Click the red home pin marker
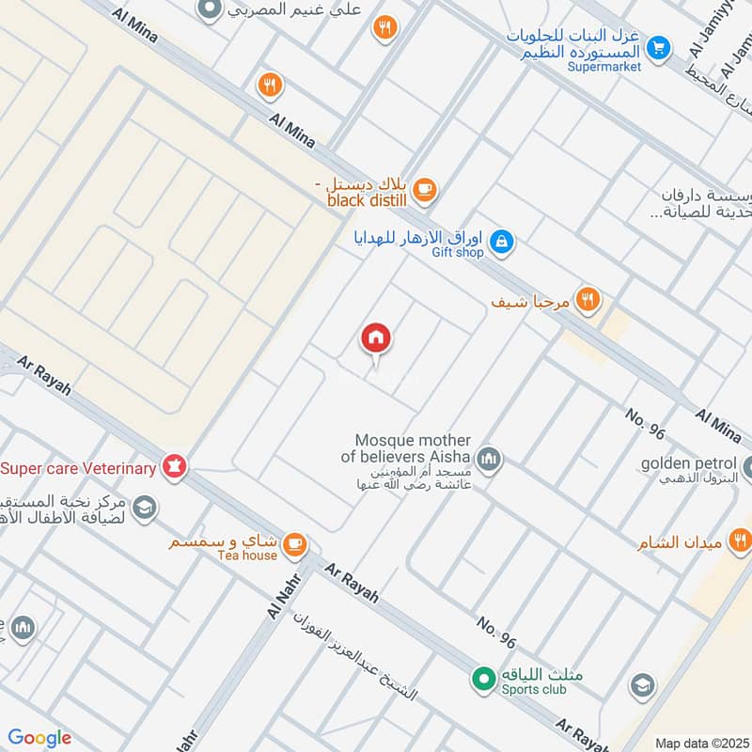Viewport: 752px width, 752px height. [x=376, y=339]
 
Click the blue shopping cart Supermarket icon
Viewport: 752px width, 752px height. [x=659, y=45]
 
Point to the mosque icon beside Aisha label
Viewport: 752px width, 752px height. [x=488, y=460]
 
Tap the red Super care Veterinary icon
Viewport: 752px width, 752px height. [x=174, y=465]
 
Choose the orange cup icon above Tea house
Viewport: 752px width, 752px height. [x=295, y=543]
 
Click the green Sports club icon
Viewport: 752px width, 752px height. [x=483, y=677]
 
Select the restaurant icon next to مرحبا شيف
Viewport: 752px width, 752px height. [x=587, y=300]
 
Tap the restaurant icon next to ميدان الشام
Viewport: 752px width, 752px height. [x=742, y=540]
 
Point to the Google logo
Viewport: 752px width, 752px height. [x=39, y=738]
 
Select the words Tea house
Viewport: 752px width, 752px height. [x=248, y=556]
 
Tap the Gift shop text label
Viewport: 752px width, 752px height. [x=458, y=253]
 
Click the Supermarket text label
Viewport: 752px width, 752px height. [x=604, y=67]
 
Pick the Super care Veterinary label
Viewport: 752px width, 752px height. [x=78, y=468]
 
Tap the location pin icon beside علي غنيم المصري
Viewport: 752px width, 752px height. [x=210, y=10]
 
